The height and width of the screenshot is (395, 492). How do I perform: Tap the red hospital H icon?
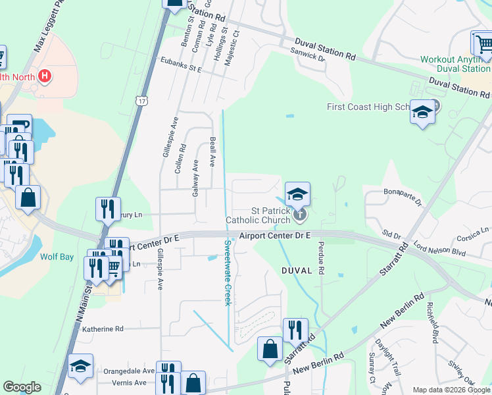click(x=44, y=76)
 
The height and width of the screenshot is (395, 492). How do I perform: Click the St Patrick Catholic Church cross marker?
click(x=300, y=213)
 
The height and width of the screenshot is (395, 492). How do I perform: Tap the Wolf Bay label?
click(x=55, y=257)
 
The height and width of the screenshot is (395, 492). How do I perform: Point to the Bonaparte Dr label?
click(x=402, y=197)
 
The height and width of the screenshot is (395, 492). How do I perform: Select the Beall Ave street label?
click(x=213, y=152)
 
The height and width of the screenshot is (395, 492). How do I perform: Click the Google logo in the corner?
click(x=22, y=387)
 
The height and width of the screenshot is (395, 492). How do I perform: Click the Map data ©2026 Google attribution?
click(x=451, y=389)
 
